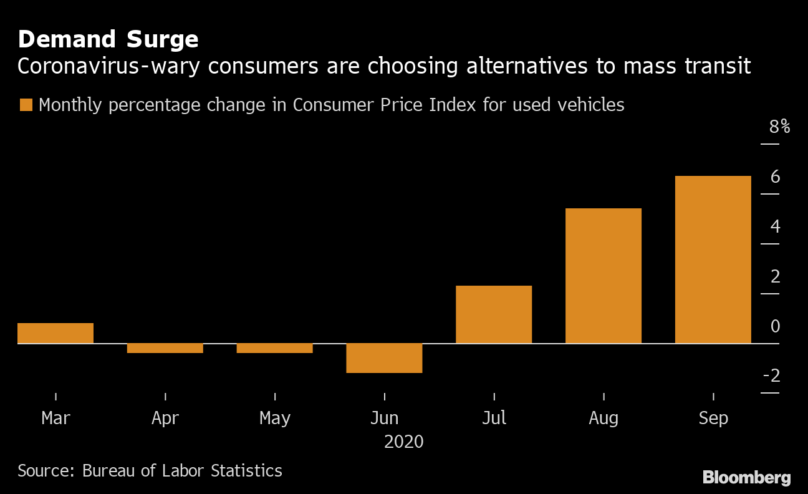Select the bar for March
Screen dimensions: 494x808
(x=55, y=333)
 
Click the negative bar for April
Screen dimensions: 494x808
(x=165, y=348)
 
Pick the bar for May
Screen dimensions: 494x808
(x=274, y=348)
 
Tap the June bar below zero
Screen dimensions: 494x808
(x=384, y=358)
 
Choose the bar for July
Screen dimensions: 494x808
(x=494, y=314)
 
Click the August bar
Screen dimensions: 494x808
(x=604, y=276)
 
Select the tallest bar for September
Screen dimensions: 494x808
(x=713, y=259)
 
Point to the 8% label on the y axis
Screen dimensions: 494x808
(x=779, y=127)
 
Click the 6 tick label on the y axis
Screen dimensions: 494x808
(x=776, y=177)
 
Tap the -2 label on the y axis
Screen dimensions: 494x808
(x=772, y=375)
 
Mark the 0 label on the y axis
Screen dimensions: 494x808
(x=776, y=326)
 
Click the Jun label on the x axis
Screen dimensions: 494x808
(x=384, y=418)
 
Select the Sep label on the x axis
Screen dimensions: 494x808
(x=713, y=418)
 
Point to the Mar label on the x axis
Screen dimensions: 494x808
(x=55, y=418)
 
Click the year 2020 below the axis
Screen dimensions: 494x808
(x=403, y=442)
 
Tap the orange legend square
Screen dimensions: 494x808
(x=26, y=105)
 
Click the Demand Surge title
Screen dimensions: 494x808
(x=108, y=39)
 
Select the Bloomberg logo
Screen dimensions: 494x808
(x=747, y=478)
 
